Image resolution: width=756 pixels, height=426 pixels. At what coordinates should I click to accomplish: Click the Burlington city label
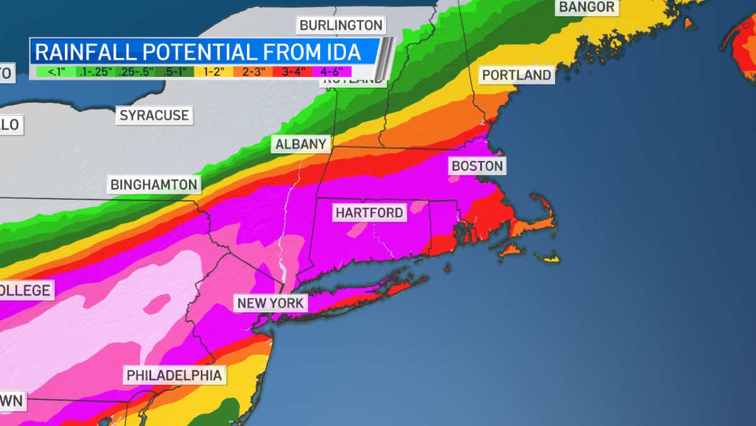pos(341,25)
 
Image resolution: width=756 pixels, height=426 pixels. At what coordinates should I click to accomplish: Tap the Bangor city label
pos(585,8)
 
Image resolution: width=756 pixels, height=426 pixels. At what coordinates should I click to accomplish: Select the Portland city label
pos(517,75)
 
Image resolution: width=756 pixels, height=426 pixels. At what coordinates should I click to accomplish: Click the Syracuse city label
pos(154,115)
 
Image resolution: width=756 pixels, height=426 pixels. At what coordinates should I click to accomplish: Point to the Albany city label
pos(301,144)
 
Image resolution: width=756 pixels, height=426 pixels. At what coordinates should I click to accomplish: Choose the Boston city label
pos(478,166)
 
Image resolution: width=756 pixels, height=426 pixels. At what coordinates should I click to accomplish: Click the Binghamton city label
pos(154,184)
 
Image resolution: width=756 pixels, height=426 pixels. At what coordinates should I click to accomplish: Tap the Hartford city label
pos(369,213)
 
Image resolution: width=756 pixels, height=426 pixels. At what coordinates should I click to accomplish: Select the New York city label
pos(270,303)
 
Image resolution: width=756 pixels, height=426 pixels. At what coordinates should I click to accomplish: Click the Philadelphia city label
pos(175,376)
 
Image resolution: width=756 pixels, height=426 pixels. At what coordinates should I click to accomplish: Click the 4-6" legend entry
pos(332,71)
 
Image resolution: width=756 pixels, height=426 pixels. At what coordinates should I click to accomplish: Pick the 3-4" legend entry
pos(293,71)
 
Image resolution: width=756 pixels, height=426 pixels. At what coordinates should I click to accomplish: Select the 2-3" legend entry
pos(253,71)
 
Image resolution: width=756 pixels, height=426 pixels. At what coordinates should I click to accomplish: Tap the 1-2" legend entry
pos(214,71)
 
